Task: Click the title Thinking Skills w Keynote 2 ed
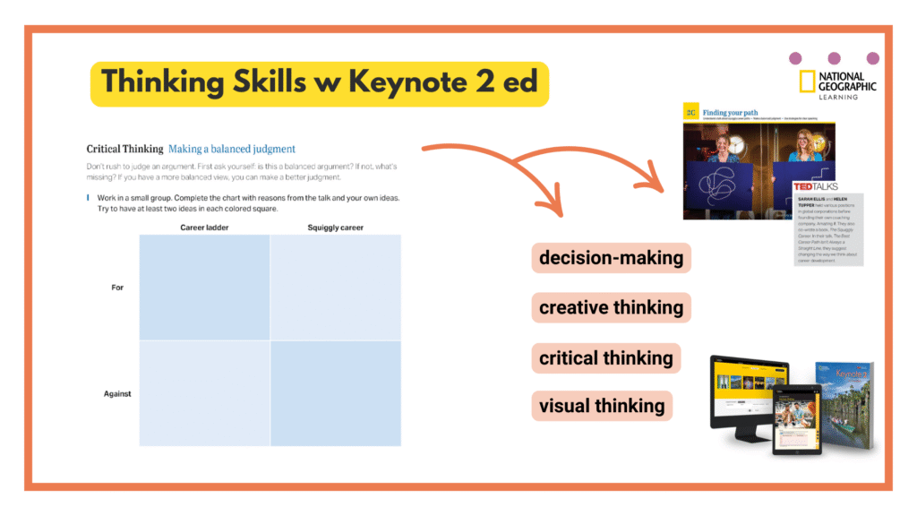click(x=319, y=82)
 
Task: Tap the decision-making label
click(x=611, y=258)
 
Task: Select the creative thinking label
click(x=611, y=307)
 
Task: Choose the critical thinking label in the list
click(x=605, y=357)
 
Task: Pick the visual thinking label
click(x=602, y=406)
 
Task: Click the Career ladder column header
click(x=204, y=228)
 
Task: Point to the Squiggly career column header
click(x=335, y=228)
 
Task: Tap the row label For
click(x=117, y=288)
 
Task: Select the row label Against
click(x=116, y=393)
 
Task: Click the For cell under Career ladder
click(x=204, y=288)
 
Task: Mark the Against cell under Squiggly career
click(x=335, y=393)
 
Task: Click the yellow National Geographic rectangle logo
click(x=807, y=82)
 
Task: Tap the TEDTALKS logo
click(x=815, y=186)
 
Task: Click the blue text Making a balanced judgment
click(x=232, y=149)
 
